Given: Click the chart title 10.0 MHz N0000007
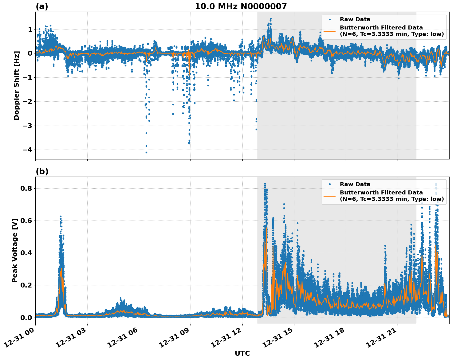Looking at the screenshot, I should click(241, 6).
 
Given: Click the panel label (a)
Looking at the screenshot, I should click(42, 6).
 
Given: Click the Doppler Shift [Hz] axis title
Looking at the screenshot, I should click(17, 85).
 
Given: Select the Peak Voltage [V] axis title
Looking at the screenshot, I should click(15, 250).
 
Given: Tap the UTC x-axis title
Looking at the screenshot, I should click(242, 353).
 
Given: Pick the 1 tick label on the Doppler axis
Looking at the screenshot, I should click(30, 29).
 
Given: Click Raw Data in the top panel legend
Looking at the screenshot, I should click(355, 19).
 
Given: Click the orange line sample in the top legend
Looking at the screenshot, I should click(330, 31).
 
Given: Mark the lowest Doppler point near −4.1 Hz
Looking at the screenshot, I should click(146, 152).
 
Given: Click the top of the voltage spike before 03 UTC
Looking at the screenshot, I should click(61, 216).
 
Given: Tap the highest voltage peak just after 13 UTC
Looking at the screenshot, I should click(265, 184).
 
